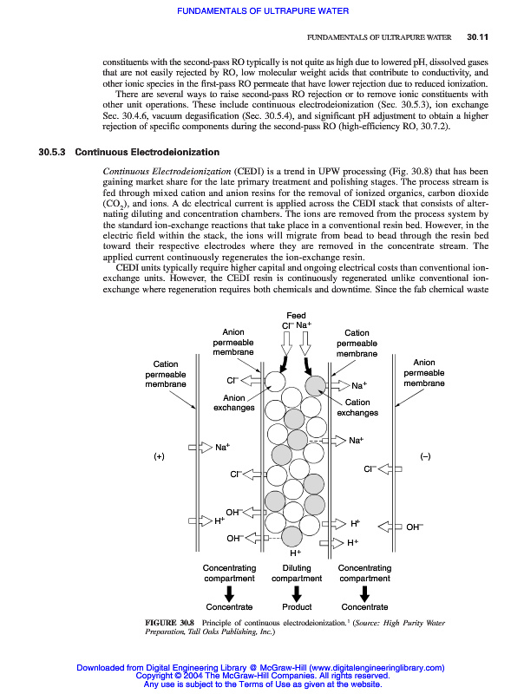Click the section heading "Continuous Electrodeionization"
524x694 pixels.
(147, 154)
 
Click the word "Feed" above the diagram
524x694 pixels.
(296, 314)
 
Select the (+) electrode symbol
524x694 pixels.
(160, 455)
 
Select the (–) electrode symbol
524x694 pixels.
(425, 455)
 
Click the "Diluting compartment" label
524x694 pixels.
(297, 573)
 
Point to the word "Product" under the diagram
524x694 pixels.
(297, 607)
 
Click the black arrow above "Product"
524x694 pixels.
(297, 593)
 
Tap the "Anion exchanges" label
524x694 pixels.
(235, 403)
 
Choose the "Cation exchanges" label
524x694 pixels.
(357, 408)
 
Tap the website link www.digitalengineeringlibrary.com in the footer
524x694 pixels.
(377, 668)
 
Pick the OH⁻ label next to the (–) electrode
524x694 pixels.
(415, 526)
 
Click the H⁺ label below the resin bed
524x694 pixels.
(295, 552)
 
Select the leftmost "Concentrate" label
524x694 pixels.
(229, 607)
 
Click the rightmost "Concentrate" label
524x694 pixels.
(364, 607)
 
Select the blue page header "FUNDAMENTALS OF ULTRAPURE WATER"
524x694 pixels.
(262, 11)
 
